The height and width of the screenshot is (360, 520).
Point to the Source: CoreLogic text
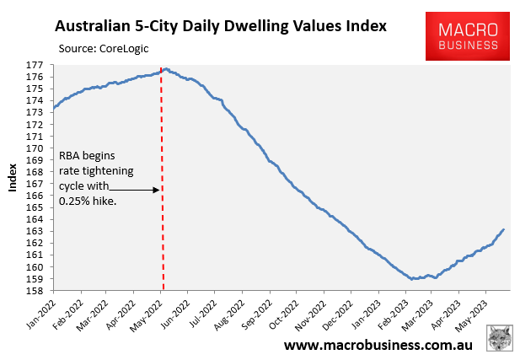104,48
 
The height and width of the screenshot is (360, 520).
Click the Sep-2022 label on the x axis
255,314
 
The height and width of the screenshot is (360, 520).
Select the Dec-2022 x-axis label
336,314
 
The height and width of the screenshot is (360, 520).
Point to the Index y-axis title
13,178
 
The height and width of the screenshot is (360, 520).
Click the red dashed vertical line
163,236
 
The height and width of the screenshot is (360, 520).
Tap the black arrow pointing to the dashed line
135,190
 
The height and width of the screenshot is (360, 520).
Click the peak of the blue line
166,68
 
